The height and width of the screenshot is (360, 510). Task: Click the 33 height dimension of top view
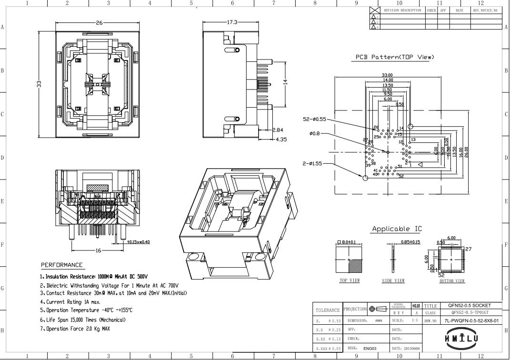click(40, 84)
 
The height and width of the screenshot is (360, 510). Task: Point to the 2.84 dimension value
click(278, 130)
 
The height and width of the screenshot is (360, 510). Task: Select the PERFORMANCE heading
click(61, 265)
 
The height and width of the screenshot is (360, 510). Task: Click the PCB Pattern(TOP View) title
click(395, 57)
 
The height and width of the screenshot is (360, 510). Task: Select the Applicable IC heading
click(396, 229)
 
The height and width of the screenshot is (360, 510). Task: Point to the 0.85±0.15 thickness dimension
click(410, 242)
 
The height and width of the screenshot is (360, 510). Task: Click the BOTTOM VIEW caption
click(451, 280)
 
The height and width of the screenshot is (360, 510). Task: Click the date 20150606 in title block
click(404, 349)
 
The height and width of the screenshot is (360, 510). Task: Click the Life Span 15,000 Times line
click(83, 320)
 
